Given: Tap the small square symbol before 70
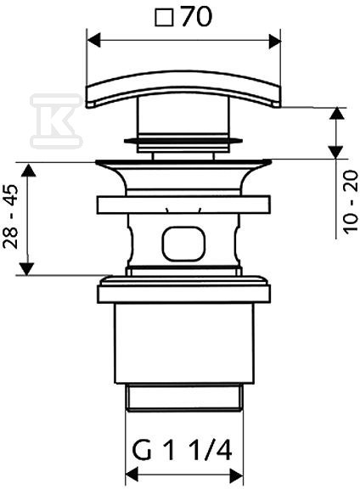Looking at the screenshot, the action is click(164, 18).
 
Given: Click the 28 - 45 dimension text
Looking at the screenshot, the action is click(10, 216).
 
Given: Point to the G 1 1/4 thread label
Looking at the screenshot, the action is click(182, 450).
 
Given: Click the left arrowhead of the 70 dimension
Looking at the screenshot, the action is click(94, 41).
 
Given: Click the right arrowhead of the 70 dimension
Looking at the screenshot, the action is click(274, 41).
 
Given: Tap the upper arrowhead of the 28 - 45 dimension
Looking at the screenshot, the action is click(28, 171).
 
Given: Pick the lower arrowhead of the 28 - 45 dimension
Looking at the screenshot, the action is click(27, 268).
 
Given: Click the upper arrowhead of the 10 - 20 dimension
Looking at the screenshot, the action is click(337, 114).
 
